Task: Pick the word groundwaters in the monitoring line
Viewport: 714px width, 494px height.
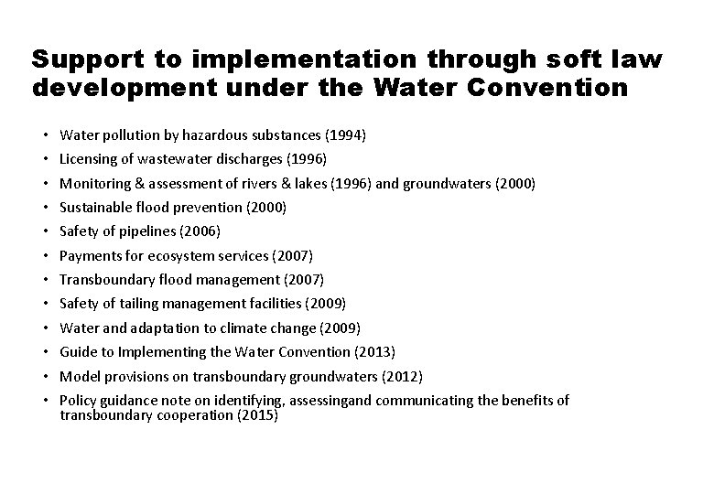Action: (x=446, y=183)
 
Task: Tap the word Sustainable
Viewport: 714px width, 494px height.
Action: (x=96, y=207)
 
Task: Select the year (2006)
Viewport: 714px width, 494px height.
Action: (x=200, y=231)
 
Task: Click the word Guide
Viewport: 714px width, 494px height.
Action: (x=77, y=351)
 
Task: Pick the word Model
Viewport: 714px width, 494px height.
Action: (x=79, y=376)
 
